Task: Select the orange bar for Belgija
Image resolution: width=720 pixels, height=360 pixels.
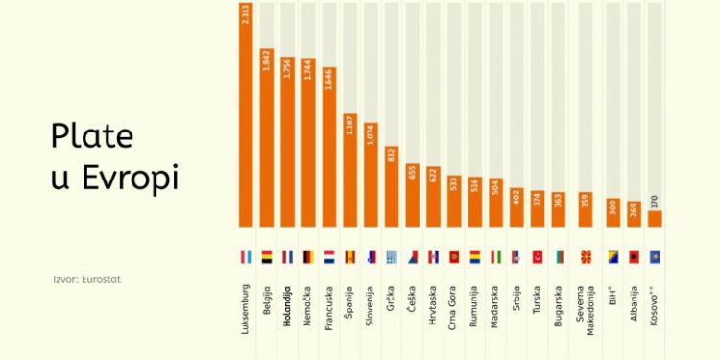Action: (x=267, y=139)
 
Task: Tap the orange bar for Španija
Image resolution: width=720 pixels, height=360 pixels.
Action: (x=350, y=173)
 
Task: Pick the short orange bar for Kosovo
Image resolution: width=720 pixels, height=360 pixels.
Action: (x=656, y=219)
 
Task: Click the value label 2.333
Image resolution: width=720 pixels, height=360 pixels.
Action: (x=246, y=15)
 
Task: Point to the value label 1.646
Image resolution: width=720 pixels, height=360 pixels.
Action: (x=329, y=82)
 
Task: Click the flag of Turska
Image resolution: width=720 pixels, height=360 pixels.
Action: (x=538, y=257)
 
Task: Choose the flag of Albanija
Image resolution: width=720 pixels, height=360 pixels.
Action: (x=634, y=257)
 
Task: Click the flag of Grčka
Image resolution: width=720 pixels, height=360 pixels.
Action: (x=392, y=257)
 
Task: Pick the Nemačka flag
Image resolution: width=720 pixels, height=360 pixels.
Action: (x=308, y=257)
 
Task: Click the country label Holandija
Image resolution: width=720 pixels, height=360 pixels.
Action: (x=287, y=306)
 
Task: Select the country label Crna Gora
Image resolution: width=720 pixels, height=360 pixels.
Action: (x=454, y=308)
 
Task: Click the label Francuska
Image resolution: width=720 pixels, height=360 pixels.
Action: (x=329, y=307)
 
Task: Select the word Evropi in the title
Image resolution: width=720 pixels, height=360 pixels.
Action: (x=130, y=180)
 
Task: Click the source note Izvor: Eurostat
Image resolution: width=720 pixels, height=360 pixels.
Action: (x=87, y=279)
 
